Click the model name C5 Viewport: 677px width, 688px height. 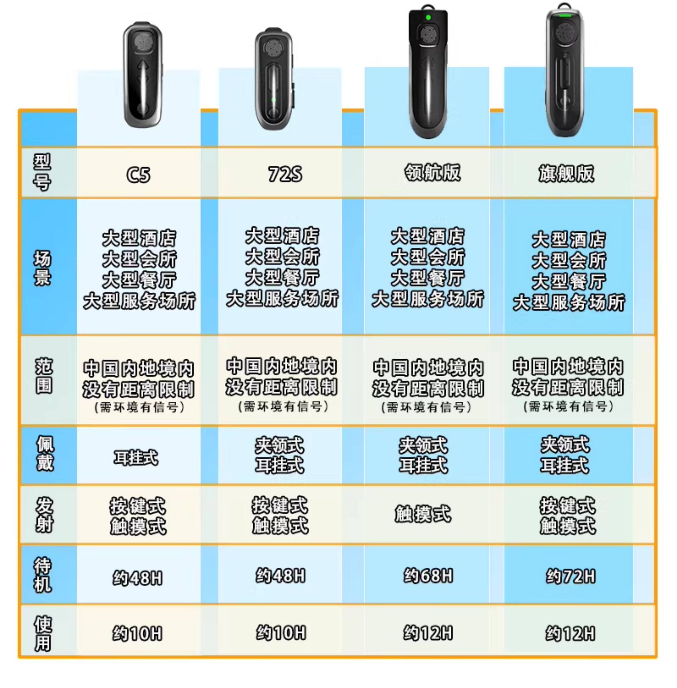click(138, 174)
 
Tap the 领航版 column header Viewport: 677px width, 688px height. click(432, 173)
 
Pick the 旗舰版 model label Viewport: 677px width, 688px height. click(566, 174)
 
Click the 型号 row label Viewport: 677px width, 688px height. click(42, 172)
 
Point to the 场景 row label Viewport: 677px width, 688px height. click(42, 268)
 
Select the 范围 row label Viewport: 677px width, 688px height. click(44, 376)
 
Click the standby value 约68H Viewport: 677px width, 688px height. click(428, 576)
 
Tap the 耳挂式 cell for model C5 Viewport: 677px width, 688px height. click(136, 457)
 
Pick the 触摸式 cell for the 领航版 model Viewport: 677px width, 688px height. click(423, 514)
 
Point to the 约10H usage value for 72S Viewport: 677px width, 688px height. click(281, 633)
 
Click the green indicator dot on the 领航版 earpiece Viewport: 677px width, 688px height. click(428, 17)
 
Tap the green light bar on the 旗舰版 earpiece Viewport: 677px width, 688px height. click(564, 16)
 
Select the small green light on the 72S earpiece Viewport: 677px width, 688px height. click(273, 100)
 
